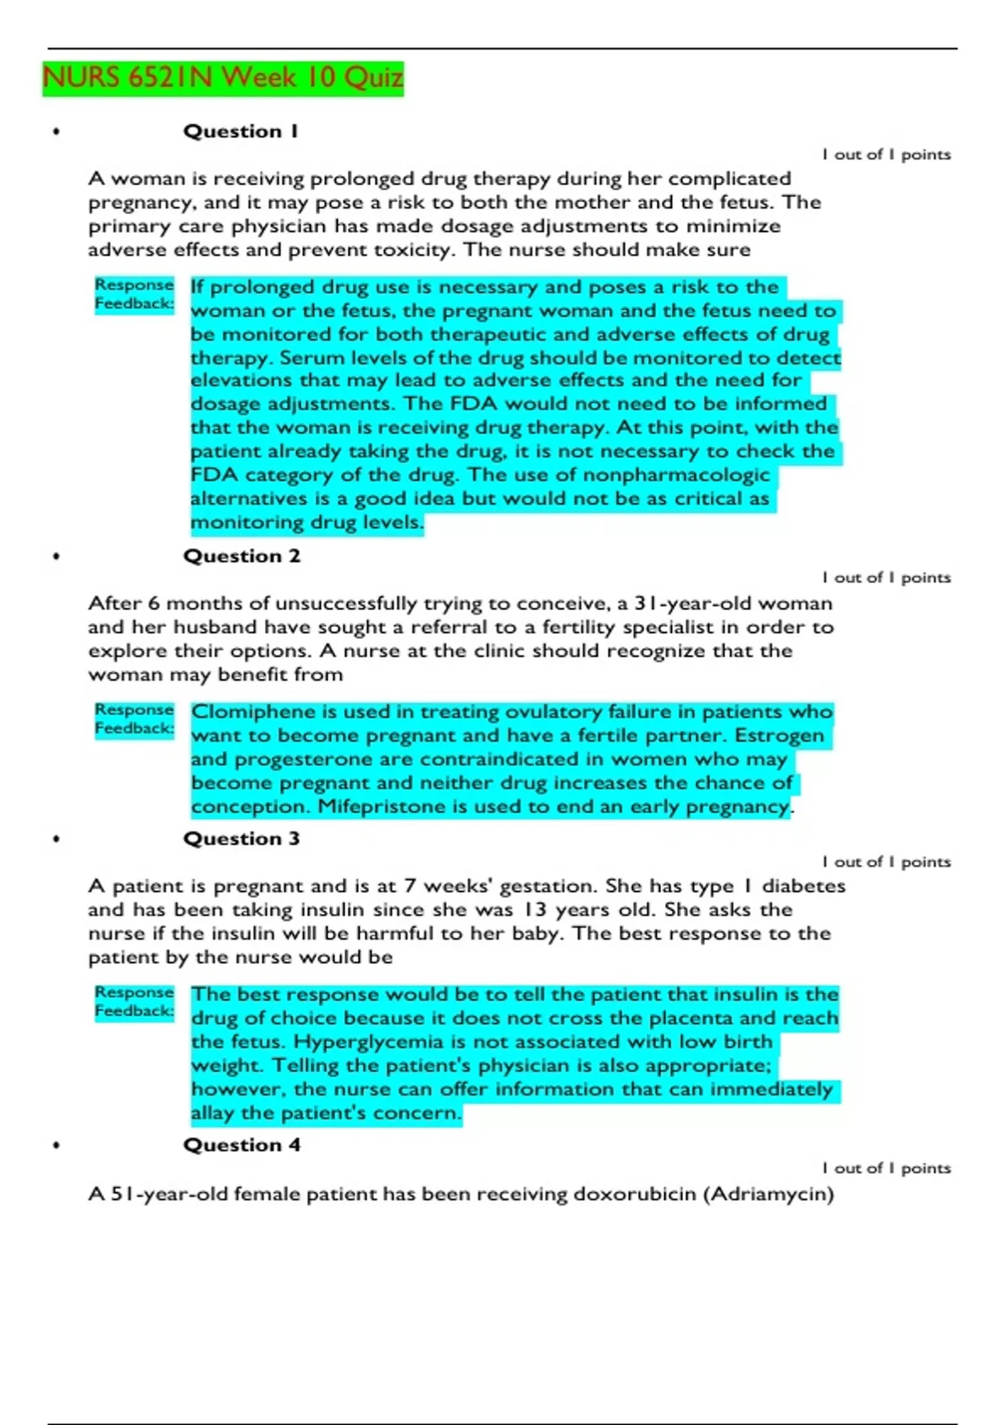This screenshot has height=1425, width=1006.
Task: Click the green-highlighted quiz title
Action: tap(223, 78)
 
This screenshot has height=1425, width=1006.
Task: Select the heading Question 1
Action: tap(241, 132)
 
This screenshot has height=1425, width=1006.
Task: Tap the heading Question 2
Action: tap(241, 557)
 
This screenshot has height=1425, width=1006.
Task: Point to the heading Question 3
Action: tap(241, 839)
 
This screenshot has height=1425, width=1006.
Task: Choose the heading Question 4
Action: tap(241, 1145)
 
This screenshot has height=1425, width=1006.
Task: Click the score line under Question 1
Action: tap(886, 154)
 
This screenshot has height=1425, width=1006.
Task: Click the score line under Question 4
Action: tap(886, 1168)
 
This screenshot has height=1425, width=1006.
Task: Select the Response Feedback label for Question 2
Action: tap(134, 719)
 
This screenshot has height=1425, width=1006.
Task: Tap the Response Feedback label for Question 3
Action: tap(134, 1002)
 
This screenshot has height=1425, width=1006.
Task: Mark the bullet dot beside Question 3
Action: tap(56, 839)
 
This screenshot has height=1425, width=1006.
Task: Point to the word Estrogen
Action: tap(779, 736)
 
